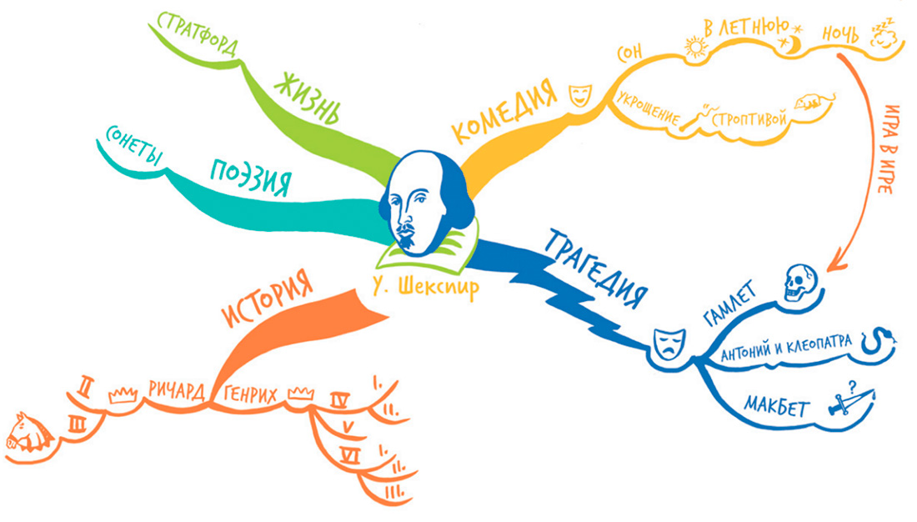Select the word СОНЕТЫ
pos(134,145)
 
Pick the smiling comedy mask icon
pos(578,94)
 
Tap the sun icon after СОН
pos(694,48)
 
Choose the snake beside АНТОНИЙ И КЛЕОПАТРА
pos(882,339)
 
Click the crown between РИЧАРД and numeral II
pos(123,393)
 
